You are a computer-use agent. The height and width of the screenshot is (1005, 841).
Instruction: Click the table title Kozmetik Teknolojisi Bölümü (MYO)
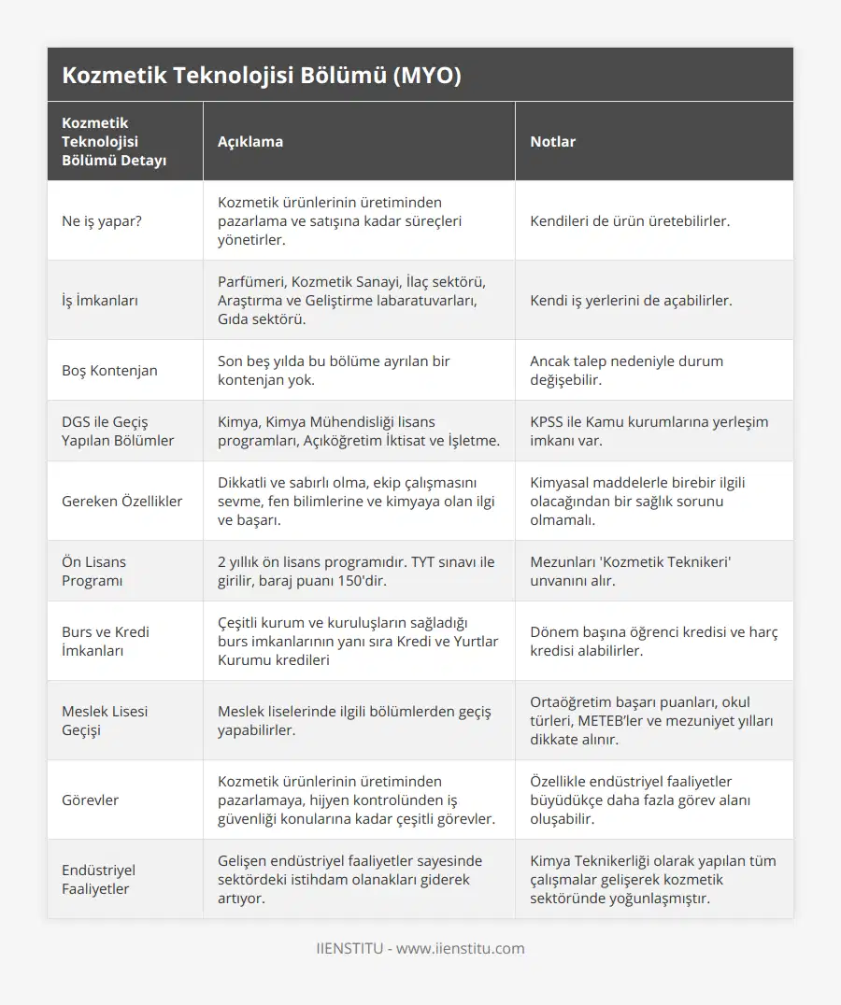tap(262, 76)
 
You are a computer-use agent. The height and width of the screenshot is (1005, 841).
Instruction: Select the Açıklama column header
tap(250, 141)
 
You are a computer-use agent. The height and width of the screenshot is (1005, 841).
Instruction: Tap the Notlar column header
tap(553, 141)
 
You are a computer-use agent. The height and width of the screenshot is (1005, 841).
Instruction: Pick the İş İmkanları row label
tap(102, 301)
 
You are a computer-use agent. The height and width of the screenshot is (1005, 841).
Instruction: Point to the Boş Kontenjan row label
tap(109, 370)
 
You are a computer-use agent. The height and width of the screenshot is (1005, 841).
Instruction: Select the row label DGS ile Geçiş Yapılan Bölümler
tap(118, 431)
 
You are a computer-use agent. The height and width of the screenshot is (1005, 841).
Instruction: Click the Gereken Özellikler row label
tap(122, 501)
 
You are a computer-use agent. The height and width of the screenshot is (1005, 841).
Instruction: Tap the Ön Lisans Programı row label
tap(93, 571)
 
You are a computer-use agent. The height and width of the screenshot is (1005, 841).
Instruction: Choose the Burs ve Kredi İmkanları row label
tap(106, 641)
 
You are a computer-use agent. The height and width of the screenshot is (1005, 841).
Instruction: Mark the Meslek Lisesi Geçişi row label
tap(105, 720)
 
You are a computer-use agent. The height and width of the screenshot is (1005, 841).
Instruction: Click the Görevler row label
tap(90, 800)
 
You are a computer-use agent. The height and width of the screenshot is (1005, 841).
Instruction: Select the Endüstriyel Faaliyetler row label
tap(99, 879)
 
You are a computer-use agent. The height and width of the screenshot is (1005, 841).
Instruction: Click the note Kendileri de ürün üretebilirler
tap(630, 221)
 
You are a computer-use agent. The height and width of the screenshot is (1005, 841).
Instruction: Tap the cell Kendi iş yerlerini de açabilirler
tap(631, 301)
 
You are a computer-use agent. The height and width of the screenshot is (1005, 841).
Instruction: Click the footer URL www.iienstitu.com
tap(461, 948)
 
